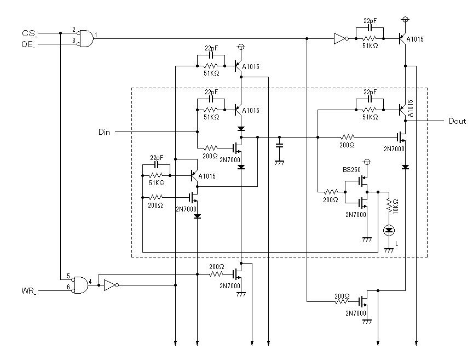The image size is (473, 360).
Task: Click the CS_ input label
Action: pos(30,33)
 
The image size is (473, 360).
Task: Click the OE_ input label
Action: pos(28,44)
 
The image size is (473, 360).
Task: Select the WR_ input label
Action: pos(29,291)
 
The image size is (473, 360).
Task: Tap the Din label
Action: pos(104,132)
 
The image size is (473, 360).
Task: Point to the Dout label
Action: pos(457,121)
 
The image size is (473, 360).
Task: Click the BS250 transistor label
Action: pos(351,170)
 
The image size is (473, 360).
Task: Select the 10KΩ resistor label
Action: pos(395,206)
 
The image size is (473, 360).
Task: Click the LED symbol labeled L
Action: pos(389,231)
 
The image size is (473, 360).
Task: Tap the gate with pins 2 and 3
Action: pos(85,39)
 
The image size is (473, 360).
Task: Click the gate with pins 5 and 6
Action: pos(80,285)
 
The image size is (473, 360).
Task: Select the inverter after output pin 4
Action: pos(111,285)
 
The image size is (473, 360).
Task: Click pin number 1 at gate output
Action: pos(96,35)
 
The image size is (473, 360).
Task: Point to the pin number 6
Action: pos(68,287)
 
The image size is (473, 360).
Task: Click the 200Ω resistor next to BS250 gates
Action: pos(331,192)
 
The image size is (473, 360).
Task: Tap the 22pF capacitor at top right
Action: pos(370,27)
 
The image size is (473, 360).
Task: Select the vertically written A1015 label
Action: pos(410,108)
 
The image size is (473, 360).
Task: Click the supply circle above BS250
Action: pos(367,162)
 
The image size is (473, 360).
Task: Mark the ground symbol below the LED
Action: pos(389,250)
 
